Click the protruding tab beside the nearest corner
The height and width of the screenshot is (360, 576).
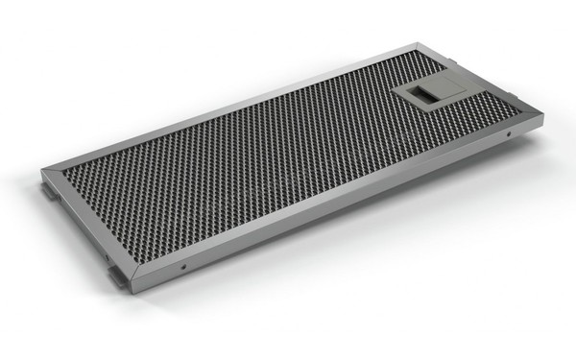click(117, 276)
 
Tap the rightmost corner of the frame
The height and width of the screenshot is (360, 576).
click(542, 117)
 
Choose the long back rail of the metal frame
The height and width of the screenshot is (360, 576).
click(230, 107)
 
